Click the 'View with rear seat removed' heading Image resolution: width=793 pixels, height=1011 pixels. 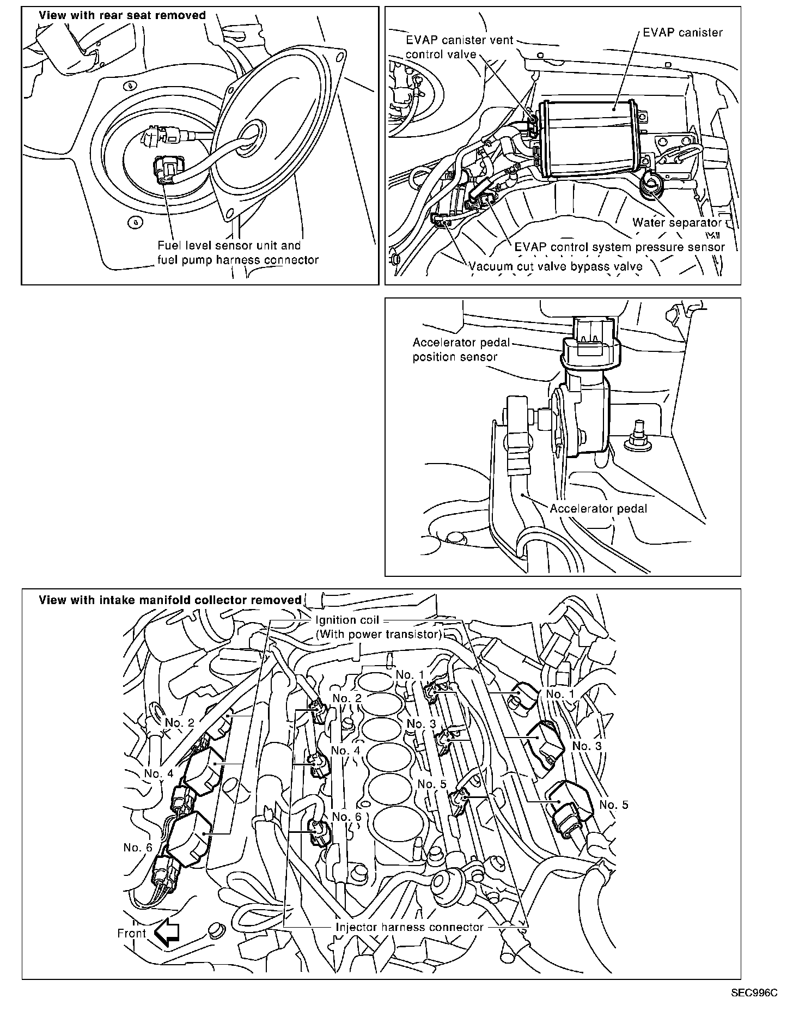click(122, 15)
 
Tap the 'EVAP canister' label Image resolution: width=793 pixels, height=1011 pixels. click(682, 32)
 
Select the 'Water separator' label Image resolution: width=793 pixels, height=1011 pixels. click(676, 223)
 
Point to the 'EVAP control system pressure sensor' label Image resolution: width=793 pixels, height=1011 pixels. click(620, 247)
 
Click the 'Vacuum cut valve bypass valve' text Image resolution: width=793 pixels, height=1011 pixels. click(556, 266)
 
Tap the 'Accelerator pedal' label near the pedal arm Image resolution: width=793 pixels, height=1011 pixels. click(598, 508)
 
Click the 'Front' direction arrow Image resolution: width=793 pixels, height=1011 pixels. click(167, 933)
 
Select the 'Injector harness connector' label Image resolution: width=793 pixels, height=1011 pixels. click(410, 927)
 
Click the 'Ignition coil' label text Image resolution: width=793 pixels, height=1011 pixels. click(347, 620)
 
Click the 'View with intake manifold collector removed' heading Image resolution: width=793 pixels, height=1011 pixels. click(170, 600)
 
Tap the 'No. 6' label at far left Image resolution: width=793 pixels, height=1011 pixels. click(138, 847)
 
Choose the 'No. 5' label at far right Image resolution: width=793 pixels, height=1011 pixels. click(614, 805)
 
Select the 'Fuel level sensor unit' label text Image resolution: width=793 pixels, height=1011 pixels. click(229, 246)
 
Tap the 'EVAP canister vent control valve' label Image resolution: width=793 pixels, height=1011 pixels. click(460, 47)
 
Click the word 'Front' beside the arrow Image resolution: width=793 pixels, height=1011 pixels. click(132, 933)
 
